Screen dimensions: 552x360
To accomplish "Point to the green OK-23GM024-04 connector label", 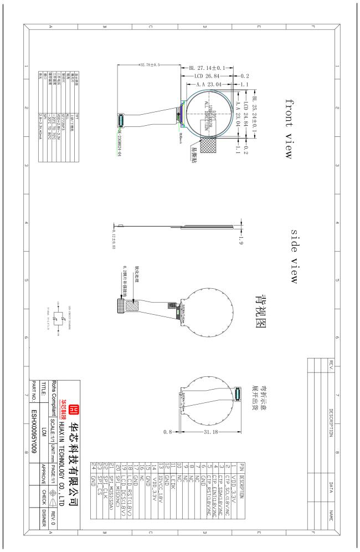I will [115, 137].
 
